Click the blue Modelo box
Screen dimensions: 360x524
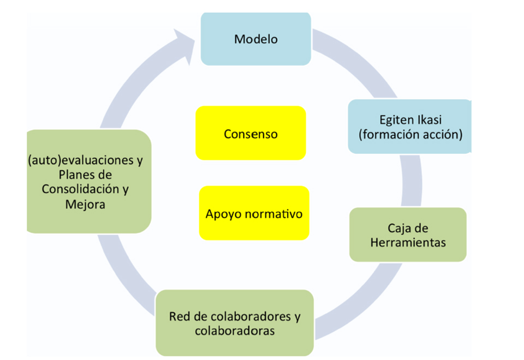[x=255, y=39]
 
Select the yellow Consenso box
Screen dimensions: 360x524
[x=251, y=134]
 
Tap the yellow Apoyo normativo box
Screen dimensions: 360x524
[x=254, y=213]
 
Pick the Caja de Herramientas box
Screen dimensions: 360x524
[x=408, y=235]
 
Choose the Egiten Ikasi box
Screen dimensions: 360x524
[x=409, y=127]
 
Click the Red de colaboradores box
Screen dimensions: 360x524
[x=235, y=323]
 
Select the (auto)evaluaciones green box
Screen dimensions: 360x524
[x=88, y=182]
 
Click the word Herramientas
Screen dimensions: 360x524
[x=408, y=243]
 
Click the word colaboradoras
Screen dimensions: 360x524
[x=235, y=331]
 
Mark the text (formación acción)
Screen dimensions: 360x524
[x=410, y=134]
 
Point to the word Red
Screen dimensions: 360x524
[x=180, y=316]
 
